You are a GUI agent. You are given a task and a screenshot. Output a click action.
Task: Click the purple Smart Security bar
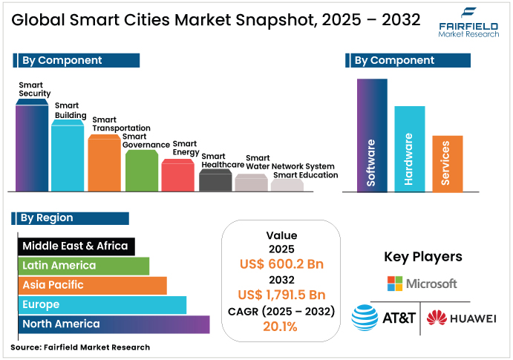pyautogui.click(x=32, y=148)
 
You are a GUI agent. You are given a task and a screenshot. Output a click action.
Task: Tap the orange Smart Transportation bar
pyautogui.click(x=104, y=164)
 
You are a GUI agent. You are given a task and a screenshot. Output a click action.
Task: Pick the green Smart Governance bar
pyautogui.click(x=141, y=171)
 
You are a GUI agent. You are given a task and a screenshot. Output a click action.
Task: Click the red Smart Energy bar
pyautogui.click(x=178, y=176)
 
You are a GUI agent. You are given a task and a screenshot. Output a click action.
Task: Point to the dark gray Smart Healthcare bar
pyautogui.click(x=215, y=180)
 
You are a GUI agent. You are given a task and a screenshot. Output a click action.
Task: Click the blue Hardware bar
pyautogui.click(x=409, y=149)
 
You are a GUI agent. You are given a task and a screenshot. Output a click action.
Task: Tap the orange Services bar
pyautogui.click(x=447, y=164)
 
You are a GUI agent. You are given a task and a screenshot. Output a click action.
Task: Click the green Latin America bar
pyautogui.click(x=83, y=266)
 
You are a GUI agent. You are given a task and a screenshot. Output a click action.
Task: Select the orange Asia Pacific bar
pyautogui.click(x=92, y=285)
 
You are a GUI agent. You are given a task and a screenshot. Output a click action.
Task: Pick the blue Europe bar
pyautogui.click(x=102, y=304)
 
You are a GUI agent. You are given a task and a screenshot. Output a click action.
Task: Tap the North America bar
pyautogui.click(x=114, y=324)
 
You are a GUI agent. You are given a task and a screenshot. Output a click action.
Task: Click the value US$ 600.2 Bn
pyautogui.click(x=281, y=264)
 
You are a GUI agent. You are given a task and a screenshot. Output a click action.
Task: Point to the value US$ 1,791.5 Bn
pyautogui.click(x=281, y=295)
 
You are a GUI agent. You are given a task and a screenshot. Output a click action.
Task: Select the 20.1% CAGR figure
pyautogui.click(x=281, y=326)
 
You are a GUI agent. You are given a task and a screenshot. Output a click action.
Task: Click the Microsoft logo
pyautogui.click(x=422, y=284)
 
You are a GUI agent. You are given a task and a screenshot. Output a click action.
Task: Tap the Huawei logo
pyautogui.click(x=461, y=318)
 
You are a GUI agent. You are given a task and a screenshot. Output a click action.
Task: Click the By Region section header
pyautogui.click(x=71, y=218)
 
